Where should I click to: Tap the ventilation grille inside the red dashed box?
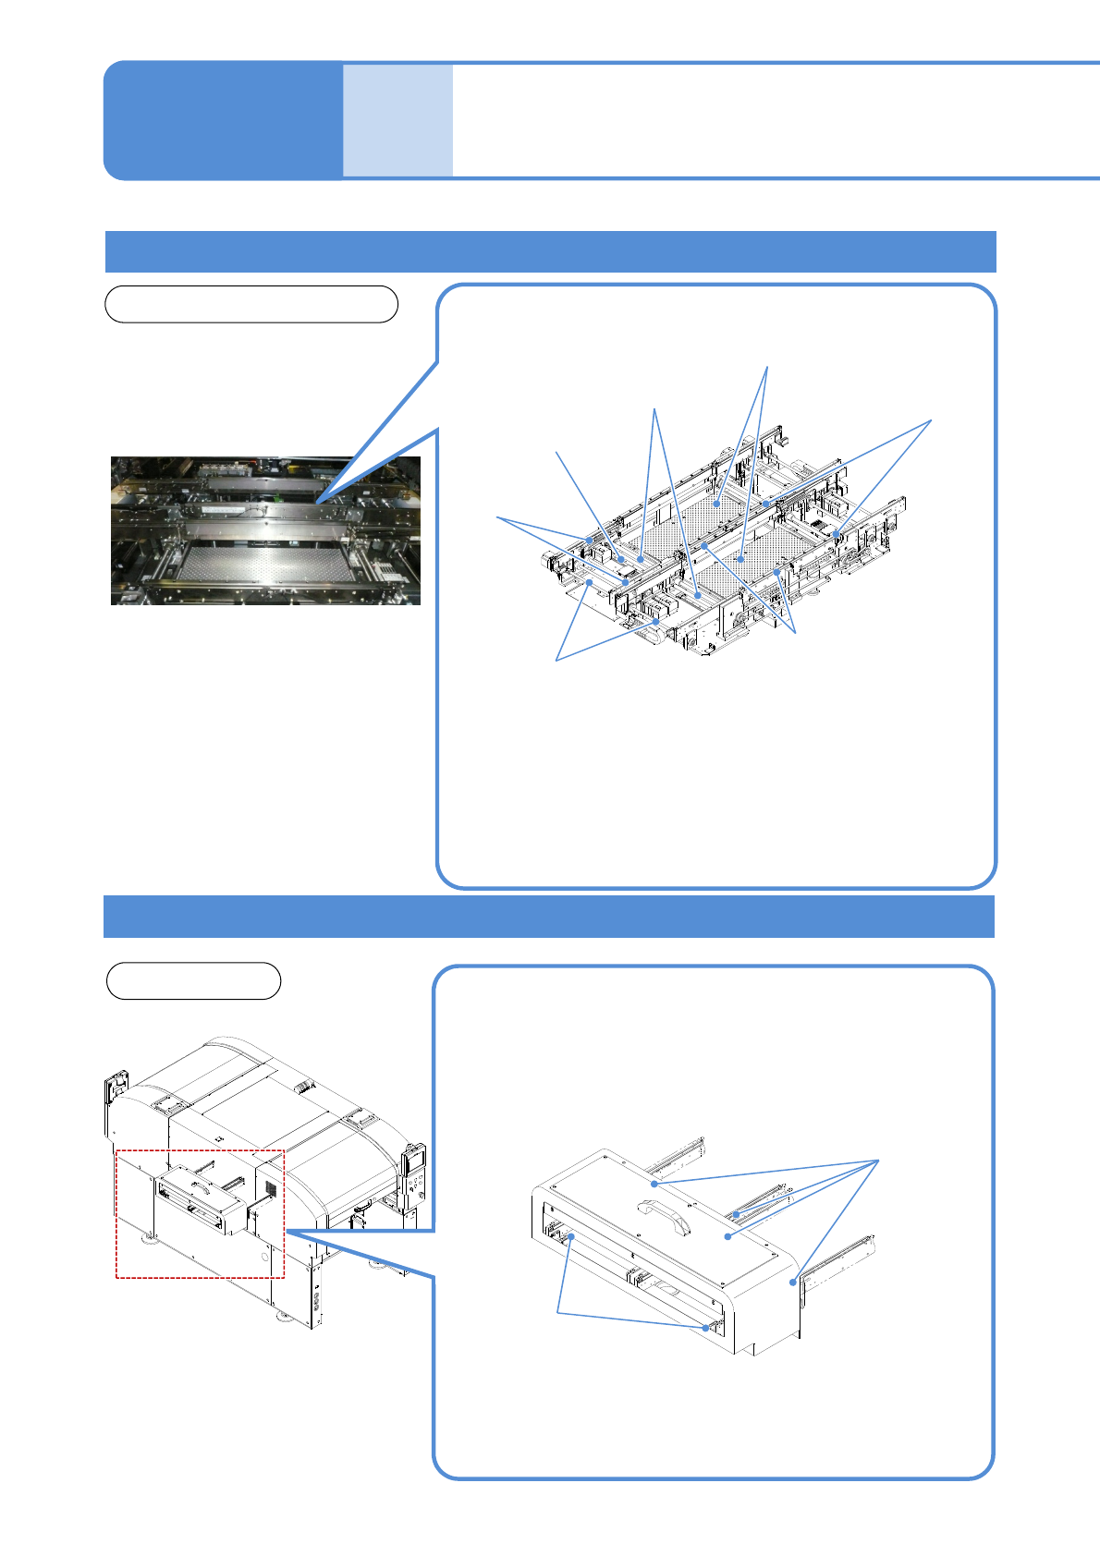coord(271,1186)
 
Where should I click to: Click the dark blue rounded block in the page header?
coord(223,120)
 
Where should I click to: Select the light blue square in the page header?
coord(397,120)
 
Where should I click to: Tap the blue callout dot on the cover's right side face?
coord(792,1282)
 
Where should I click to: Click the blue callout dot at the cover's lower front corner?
coord(708,1328)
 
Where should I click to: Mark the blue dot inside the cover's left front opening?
coord(572,1236)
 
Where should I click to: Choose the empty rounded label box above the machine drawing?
coord(193,980)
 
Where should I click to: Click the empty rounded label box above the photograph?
coord(251,304)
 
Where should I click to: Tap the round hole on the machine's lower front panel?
coord(264,1257)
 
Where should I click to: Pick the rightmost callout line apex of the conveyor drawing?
coord(931,420)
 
